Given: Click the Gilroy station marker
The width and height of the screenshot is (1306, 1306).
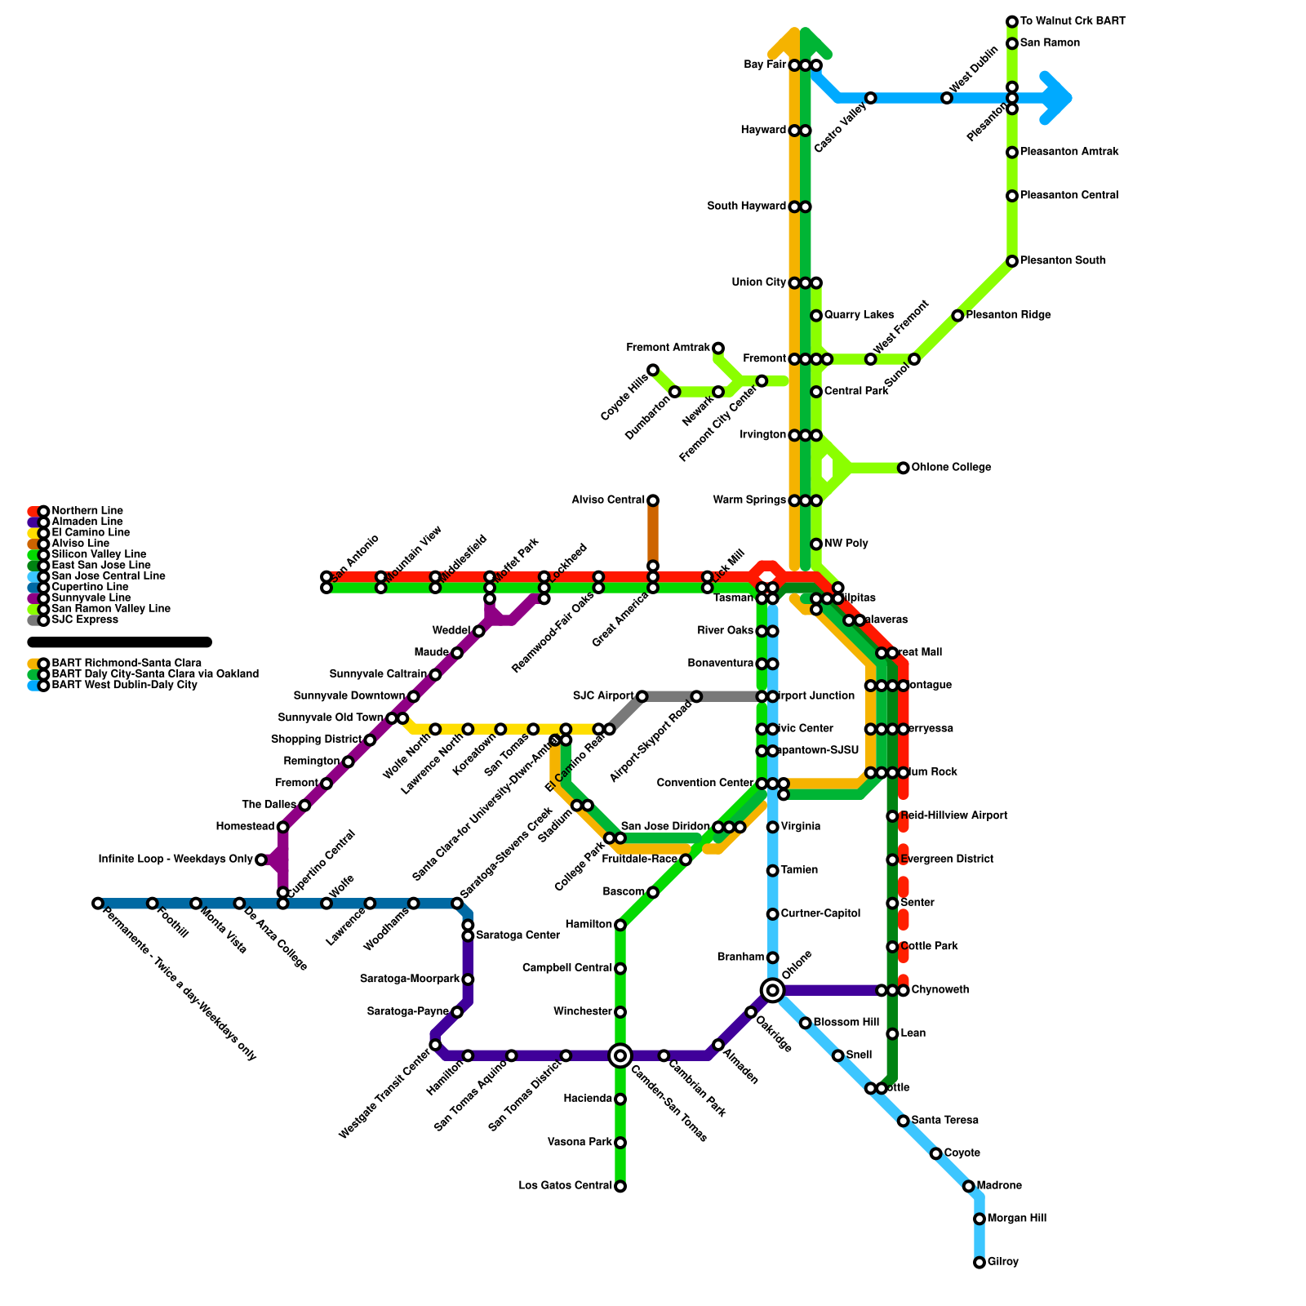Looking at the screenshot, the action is (x=979, y=1263).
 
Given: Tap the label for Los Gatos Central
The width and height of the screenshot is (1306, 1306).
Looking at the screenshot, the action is (x=566, y=1186).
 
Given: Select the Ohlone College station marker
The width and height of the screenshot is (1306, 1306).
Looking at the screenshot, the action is (x=904, y=468).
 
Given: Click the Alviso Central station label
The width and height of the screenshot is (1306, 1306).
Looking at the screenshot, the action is (x=608, y=500).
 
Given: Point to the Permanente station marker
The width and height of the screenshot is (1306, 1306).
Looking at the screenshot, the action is (x=98, y=904).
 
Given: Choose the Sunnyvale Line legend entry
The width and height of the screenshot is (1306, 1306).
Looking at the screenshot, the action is (x=85, y=598).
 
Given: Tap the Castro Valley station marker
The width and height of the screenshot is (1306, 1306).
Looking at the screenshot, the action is (x=871, y=98).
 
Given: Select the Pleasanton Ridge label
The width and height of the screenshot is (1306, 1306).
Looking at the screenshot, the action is (x=1008, y=315).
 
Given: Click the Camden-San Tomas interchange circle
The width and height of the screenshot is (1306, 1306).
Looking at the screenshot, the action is (x=620, y=1055).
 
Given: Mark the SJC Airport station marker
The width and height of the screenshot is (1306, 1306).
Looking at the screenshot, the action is (x=642, y=696).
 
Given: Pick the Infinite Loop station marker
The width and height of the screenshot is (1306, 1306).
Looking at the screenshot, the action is (x=261, y=860).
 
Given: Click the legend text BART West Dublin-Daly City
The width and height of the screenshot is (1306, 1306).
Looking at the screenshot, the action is (x=124, y=686).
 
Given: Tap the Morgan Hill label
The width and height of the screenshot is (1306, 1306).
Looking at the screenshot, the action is (x=1016, y=1219).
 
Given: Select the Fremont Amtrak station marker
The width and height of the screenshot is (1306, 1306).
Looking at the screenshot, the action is (x=718, y=349).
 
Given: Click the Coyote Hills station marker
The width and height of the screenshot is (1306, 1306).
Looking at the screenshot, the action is (x=653, y=371).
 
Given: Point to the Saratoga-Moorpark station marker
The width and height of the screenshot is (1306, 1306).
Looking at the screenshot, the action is (x=468, y=979).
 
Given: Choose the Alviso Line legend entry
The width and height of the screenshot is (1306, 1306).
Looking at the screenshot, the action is (x=80, y=544).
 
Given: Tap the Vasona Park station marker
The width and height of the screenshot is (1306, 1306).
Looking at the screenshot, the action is (x=620, y=1143).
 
